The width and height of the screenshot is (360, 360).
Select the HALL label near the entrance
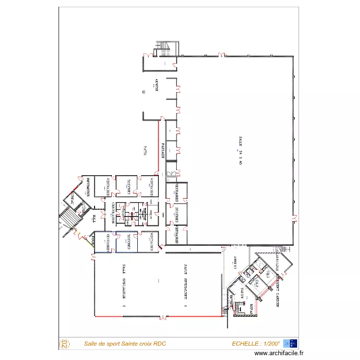[94, 218]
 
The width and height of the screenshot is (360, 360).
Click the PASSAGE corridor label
[163, 150]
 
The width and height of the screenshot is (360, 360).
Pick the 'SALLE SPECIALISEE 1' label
[185, 286]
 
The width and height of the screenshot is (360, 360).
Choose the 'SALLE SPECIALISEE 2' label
[123, 286]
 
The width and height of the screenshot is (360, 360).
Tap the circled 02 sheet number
[64, 344]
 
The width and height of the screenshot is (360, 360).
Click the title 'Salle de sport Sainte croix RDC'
[125, 344]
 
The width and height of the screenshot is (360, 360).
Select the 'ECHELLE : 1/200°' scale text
[255, 344]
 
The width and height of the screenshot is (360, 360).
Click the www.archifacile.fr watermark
[279, 353]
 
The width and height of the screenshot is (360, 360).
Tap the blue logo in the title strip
[290, 343]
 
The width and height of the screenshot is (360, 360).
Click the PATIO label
[144, 150]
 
